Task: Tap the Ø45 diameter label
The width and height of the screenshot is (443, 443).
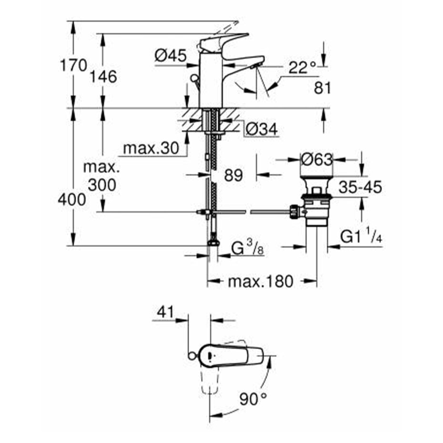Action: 170,56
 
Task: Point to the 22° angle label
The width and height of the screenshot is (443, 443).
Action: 302,69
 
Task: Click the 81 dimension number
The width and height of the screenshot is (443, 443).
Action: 322,88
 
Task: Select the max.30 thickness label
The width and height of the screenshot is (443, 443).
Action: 151,148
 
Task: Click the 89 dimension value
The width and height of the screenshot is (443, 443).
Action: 233,175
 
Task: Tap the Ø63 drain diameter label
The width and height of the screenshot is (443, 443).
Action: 317,160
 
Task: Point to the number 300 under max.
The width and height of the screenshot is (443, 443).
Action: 101,184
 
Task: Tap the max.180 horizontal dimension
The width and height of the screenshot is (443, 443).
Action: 260,282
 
